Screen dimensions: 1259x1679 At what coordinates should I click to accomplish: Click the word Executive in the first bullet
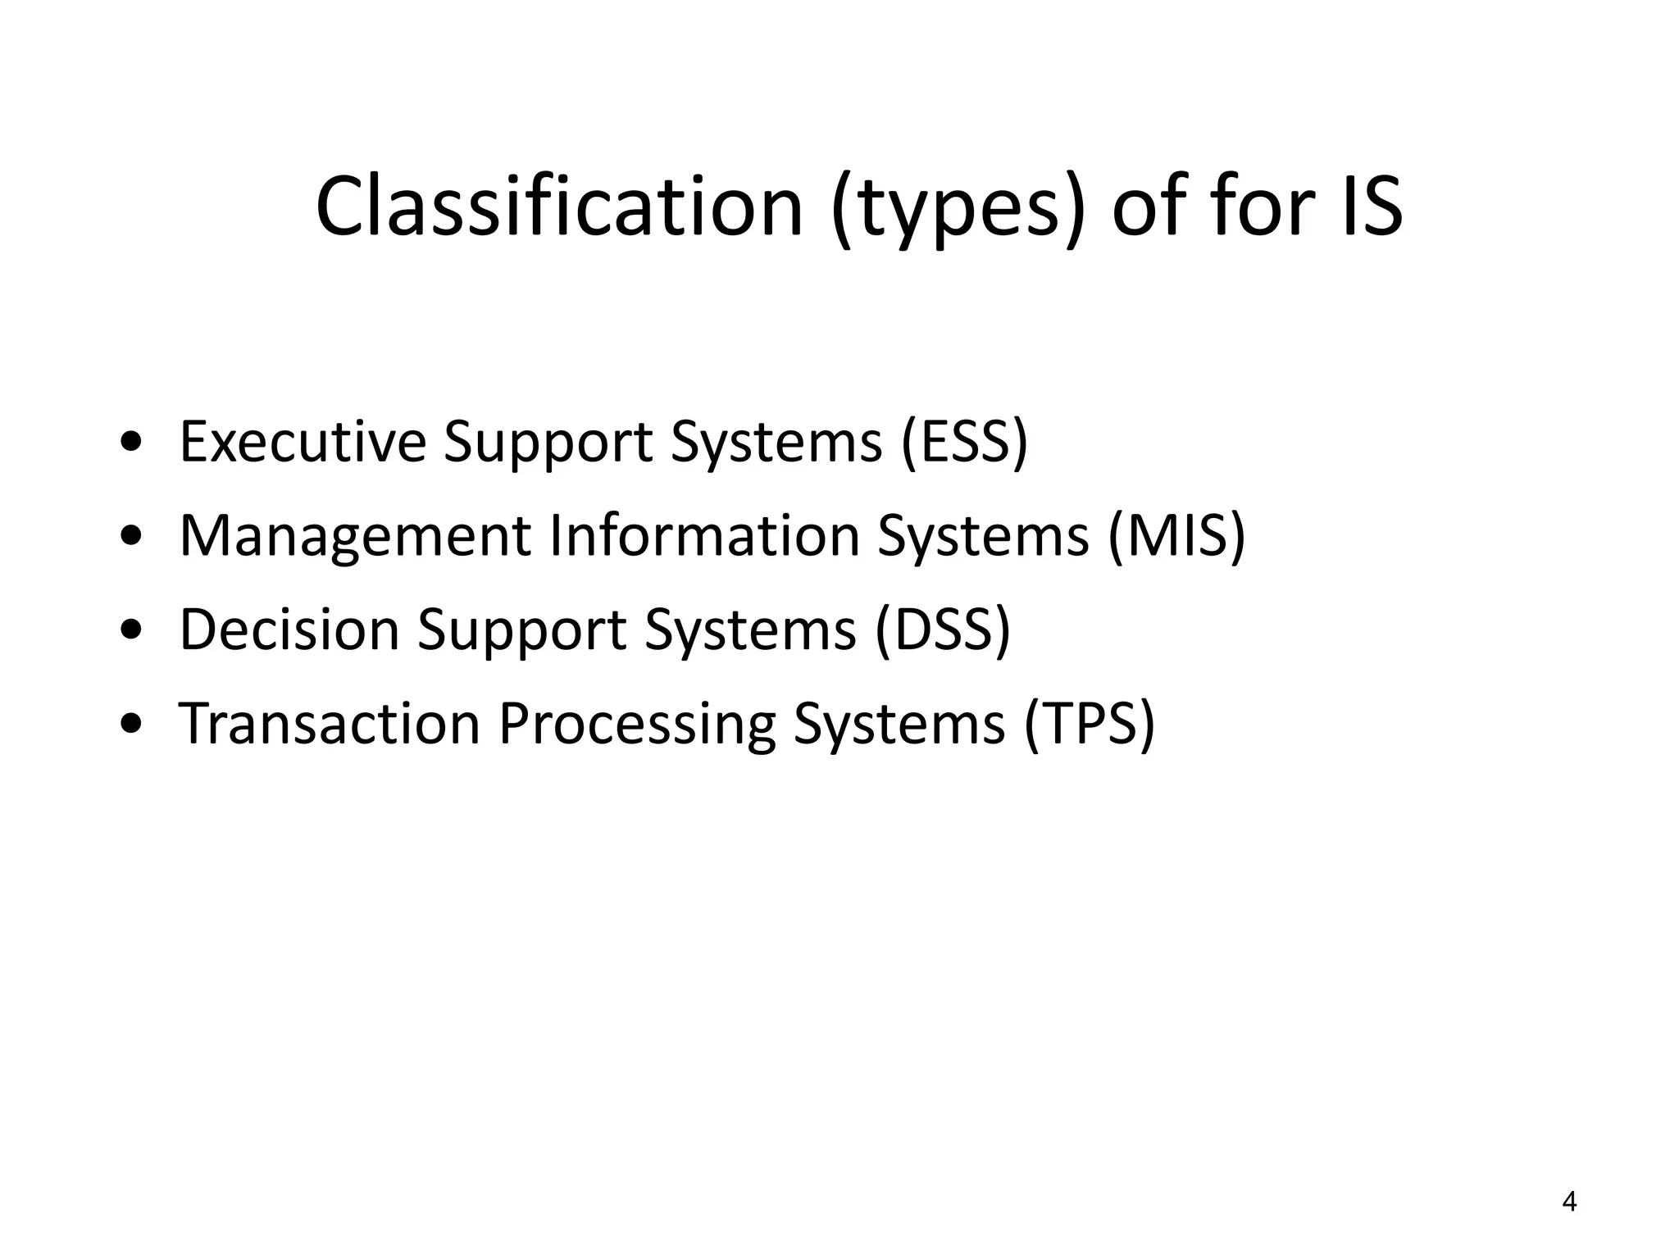(303, 442)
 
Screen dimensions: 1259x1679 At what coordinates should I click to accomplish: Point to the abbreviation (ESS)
(963, 442)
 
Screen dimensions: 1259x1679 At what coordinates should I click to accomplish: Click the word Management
(356, 536)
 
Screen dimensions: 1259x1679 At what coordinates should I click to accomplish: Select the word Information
(704, 536)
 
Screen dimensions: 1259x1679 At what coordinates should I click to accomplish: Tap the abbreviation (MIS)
(1176, 536)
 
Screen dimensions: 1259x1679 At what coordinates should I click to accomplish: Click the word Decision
(289, 630)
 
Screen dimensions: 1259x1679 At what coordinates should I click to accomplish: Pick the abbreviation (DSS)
(943, 630)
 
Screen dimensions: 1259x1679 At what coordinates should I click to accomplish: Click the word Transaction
(330, 725)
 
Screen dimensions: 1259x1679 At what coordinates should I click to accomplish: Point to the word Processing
(637, 725)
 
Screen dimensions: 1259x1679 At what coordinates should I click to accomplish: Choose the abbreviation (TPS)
(1089, 725)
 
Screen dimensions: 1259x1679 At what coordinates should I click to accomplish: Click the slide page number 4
(1569, 1202)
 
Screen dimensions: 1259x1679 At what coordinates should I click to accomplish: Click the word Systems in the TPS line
(899, 725)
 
